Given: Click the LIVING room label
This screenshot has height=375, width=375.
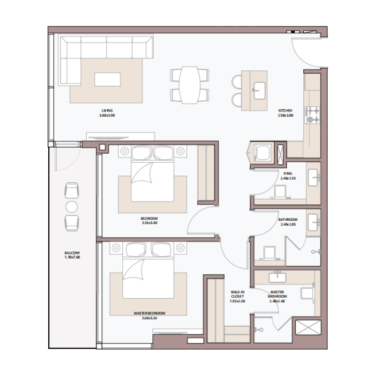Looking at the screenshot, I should click(107, 111).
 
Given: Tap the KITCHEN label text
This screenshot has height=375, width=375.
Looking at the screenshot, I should click(285, 111).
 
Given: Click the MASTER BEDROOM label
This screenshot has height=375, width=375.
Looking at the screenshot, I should click(150, 313).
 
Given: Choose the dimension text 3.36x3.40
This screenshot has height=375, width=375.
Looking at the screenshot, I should click(149, 223).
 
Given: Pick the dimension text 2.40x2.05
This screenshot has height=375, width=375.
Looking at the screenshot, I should click(288, 225).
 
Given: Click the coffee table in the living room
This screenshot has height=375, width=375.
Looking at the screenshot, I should click(107, 79).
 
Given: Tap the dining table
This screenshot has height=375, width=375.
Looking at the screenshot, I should click(189, 85).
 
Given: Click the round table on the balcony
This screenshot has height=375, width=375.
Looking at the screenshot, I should click(72, 207).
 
